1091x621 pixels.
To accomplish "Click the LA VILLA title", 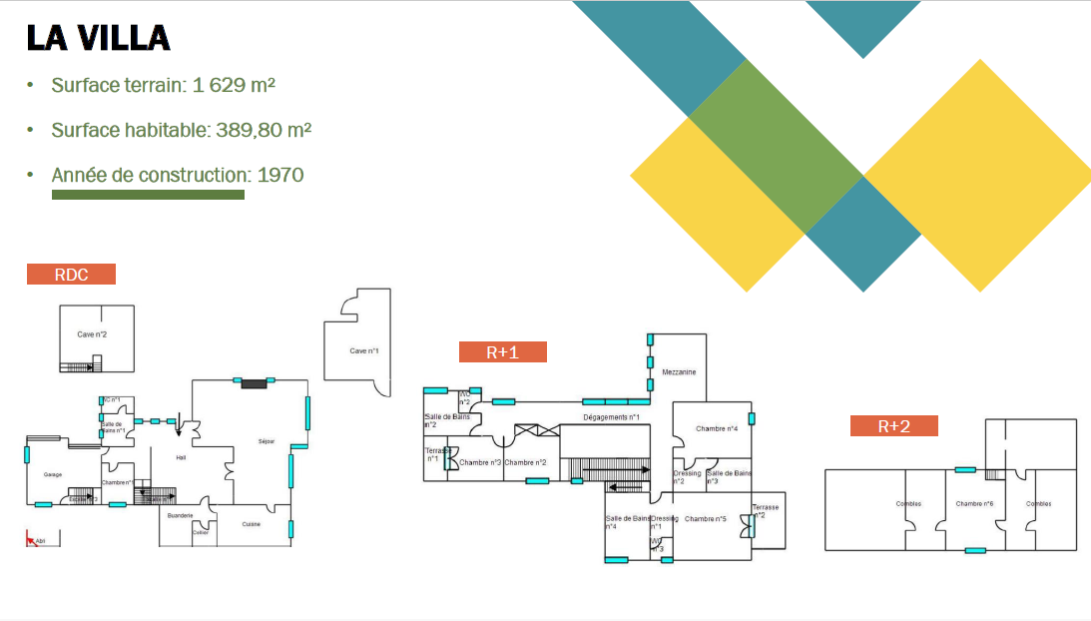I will tap(98, 37).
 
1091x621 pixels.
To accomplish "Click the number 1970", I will tap(280, 175).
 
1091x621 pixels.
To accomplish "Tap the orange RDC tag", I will tap(71, 275).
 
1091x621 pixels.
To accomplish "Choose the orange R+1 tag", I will tap(502, 351).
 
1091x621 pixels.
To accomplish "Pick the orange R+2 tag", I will tap(893, 426).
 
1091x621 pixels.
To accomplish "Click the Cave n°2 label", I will tap(92, 334).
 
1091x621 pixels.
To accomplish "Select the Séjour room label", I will tap(267, 441).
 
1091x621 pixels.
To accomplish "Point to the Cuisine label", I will tap(252, 524).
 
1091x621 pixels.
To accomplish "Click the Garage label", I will tap(53, 475).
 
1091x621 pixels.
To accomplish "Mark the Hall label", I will tap(181, 458).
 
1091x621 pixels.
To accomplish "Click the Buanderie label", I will tap(181, 515).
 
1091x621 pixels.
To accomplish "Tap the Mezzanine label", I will tap(679, 372).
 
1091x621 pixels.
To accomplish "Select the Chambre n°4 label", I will tap(717, 428).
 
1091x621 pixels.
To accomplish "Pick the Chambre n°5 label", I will tap(705, 519).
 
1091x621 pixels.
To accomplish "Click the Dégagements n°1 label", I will tap(611, 417).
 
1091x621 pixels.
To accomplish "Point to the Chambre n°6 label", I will tap(973, 504).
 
